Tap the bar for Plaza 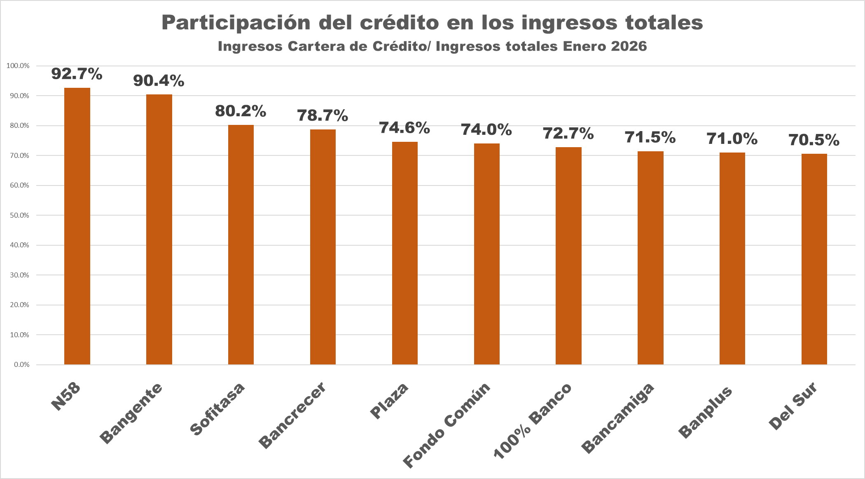coord(404,253)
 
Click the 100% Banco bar coord(568,256)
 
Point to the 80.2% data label coord(241,111)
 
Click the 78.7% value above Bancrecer coord(323,115)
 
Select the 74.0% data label coord(486,130)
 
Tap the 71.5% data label coord(650,137)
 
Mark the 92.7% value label coord(77,74)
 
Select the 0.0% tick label coord(21,364)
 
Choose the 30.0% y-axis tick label coord(19,275)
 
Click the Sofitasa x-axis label coord(217,409)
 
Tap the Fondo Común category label coord(447,425)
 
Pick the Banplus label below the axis coord(705,412)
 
